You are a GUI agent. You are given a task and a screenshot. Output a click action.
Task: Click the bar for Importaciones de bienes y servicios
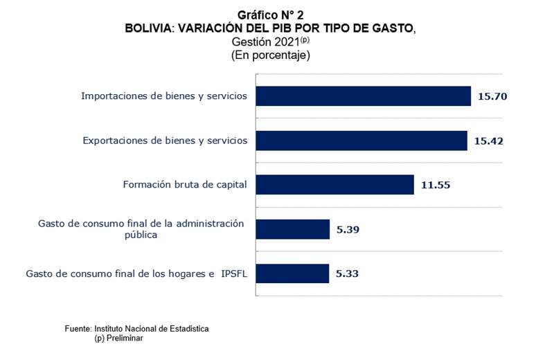364,96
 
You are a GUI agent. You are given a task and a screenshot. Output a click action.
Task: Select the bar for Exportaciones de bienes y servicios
361,141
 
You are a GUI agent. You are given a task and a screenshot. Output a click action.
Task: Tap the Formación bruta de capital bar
335,185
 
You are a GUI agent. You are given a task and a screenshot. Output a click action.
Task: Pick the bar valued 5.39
293,229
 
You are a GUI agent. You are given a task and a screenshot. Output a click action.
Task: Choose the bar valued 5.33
292,273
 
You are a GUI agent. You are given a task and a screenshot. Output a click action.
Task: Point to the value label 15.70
492,96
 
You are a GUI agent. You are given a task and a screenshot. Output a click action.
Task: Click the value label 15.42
489,141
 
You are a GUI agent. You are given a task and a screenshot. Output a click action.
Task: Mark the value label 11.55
436,185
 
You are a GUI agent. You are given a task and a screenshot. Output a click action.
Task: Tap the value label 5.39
348,229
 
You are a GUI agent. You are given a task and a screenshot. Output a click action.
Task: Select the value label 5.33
348,273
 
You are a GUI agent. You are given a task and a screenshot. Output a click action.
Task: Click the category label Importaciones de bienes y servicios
164,96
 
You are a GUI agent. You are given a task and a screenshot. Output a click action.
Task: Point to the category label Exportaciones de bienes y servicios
165,141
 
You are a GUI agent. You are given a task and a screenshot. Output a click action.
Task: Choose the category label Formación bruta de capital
185,185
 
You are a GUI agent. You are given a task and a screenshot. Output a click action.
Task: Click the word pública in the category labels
141,235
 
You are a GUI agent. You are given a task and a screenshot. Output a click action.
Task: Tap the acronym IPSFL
234,274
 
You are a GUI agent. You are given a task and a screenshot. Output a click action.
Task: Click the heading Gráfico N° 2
270,15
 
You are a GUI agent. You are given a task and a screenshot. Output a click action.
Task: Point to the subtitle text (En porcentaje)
271,55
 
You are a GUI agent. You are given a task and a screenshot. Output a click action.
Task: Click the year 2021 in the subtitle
287,42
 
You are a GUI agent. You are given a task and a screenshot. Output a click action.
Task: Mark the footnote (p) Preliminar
118,339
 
